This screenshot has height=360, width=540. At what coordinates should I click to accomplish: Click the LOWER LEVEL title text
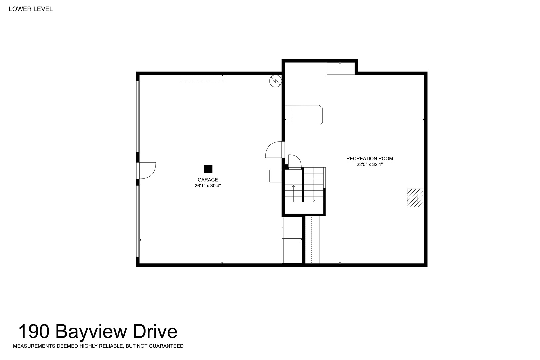coord(31,9)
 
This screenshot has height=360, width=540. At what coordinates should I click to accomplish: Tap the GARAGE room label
coord(208,180)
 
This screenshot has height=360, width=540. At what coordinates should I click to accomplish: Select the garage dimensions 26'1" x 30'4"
coord(208,186)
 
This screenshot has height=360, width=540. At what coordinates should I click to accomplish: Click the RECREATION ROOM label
coord(370,159)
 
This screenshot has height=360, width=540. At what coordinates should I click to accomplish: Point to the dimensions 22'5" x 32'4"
coord(370,165)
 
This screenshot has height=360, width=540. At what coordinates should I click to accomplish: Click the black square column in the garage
coord(208,169)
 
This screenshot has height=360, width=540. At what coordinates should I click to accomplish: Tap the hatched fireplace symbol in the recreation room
coord(415,198)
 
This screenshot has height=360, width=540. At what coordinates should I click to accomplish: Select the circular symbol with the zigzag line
coord(275,81)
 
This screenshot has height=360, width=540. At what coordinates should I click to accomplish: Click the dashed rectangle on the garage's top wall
coord(202,78)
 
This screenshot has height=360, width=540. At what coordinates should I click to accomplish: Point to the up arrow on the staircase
coord(293,193)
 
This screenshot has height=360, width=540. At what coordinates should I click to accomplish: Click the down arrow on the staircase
coord(314,193)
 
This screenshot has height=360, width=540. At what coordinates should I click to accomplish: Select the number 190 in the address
coord(34,332)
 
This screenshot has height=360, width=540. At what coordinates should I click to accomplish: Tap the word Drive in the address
coord(155,332)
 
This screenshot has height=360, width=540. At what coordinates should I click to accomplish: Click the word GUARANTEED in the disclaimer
coord(166,346)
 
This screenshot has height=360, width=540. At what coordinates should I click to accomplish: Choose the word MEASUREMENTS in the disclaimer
coord(34,346)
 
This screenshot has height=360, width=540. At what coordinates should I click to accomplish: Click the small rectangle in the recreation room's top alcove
coord(341,68)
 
